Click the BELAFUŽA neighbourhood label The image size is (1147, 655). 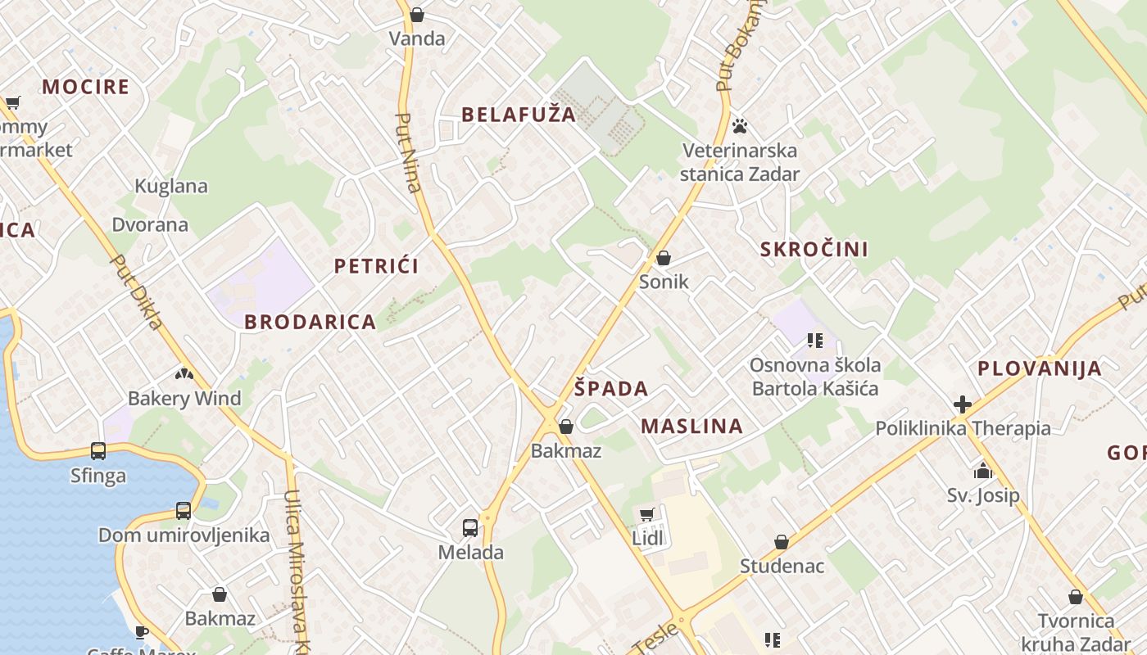[x=519, y=115]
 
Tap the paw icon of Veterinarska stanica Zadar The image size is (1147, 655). [x=740, y=126]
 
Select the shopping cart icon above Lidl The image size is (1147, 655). [x=646, y=514]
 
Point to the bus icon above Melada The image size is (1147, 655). [x=469, y=528]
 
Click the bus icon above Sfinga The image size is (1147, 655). [x=98, y=451]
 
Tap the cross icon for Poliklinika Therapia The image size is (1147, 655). [x=963, y=404]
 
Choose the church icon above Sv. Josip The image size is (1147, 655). [x=982, y=471]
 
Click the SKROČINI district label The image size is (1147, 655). [x=814, y=250]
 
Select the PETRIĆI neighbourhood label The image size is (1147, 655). [x=376, y=266]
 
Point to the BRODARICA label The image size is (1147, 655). [x=310, y=323]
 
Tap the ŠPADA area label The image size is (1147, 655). [x=610, y=389]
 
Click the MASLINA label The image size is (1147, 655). [x=691, y=427]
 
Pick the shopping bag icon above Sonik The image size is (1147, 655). [x=664, y=259]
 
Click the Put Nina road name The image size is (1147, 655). [x=408, y=152]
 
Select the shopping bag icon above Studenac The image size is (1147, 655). [x=782, y=543]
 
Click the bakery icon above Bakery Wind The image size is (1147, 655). [x=184, y=374]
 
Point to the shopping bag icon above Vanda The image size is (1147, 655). [x=417, y=15]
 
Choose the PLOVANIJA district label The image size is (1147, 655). [x=1039, y=369]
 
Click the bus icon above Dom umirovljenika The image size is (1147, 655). [x=184, y=511]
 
